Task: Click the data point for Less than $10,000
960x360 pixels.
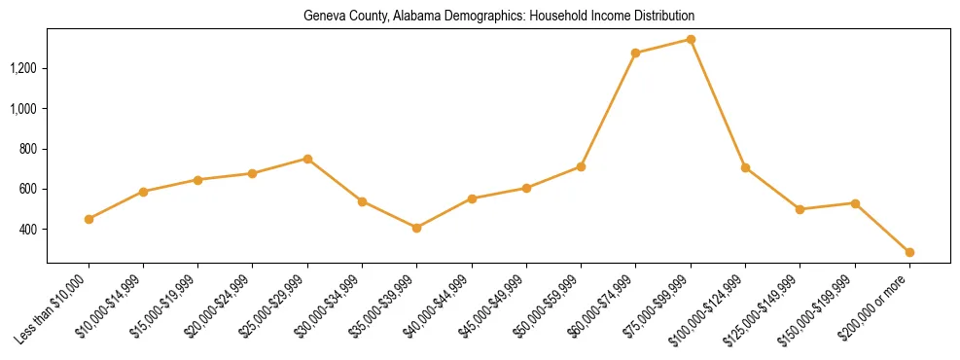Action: click(89, 219)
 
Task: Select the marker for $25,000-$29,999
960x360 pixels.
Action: click(307, 159)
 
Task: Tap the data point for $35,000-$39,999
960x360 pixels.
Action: click(416, 228)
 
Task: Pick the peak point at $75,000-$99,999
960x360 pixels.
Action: click(691, 40)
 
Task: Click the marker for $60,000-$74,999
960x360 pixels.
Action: click(635, 53)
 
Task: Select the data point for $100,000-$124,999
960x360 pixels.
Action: click(745, 167)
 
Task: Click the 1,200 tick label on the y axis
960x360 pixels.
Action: click(23, 68)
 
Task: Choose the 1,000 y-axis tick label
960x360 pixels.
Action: click(23, 109)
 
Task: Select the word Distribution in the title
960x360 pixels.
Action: click(665, 17)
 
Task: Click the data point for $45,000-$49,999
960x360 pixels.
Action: click(526, 188)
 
